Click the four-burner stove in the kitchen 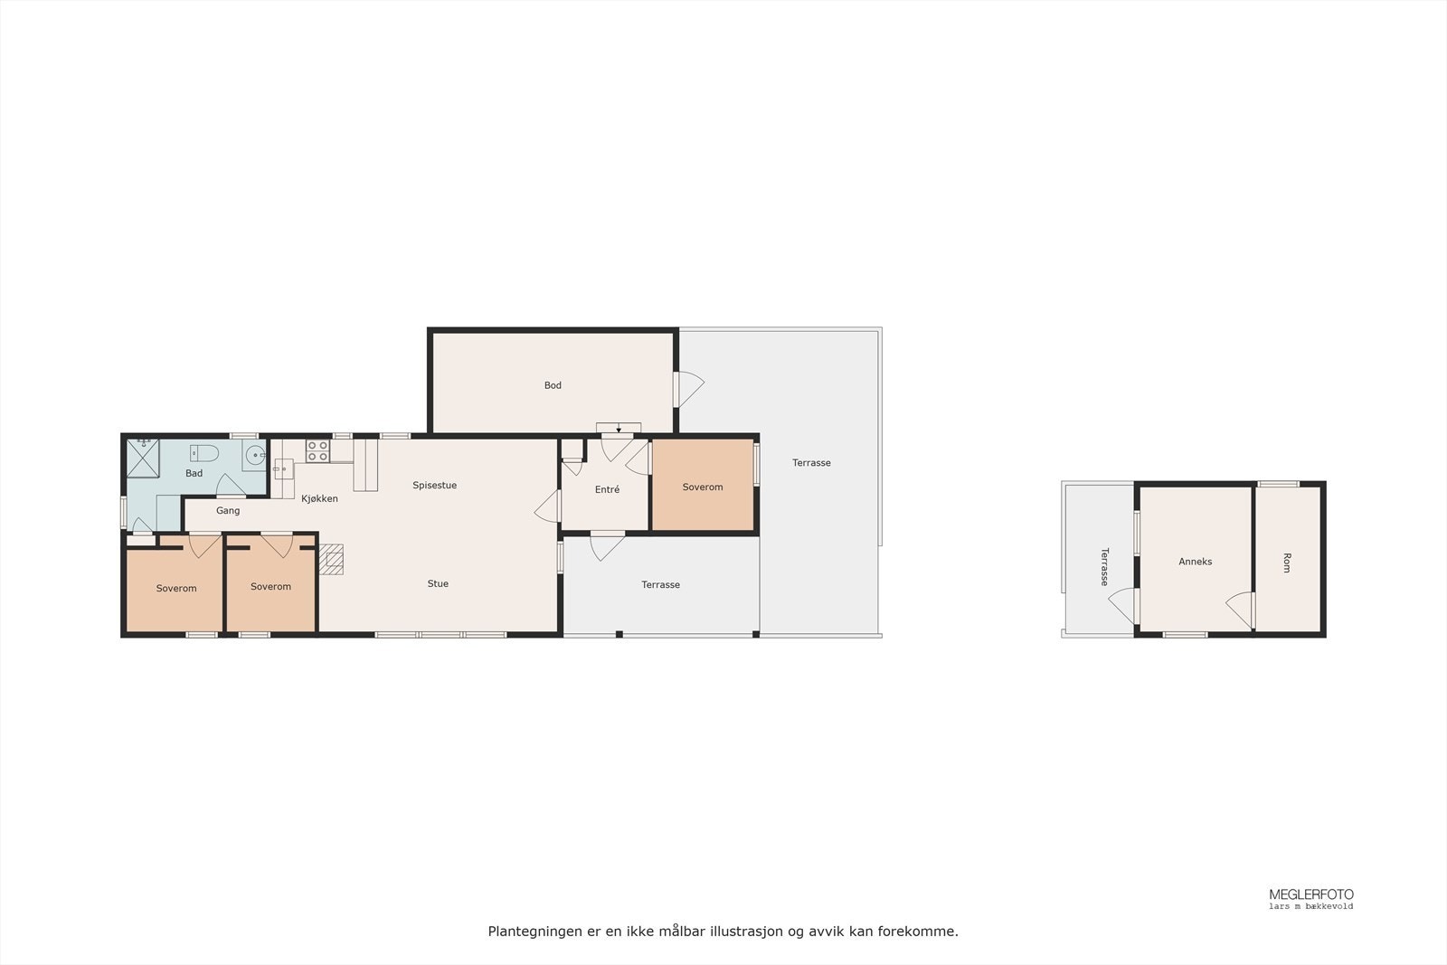point(317,450)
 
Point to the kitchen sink point(283,468)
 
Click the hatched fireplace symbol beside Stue point(332,559)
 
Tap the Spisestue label point(434,486)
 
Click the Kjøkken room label point(319,498)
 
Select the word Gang point(228,511)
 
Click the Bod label point(553,385)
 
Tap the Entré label point(607,490)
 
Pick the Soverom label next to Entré point(703,487)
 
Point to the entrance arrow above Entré point(619,429)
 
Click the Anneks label point(1195,562)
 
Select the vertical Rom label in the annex point(1287,563)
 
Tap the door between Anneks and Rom point(1241,609)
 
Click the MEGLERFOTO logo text point(1310,894)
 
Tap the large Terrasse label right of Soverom point(811,463)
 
